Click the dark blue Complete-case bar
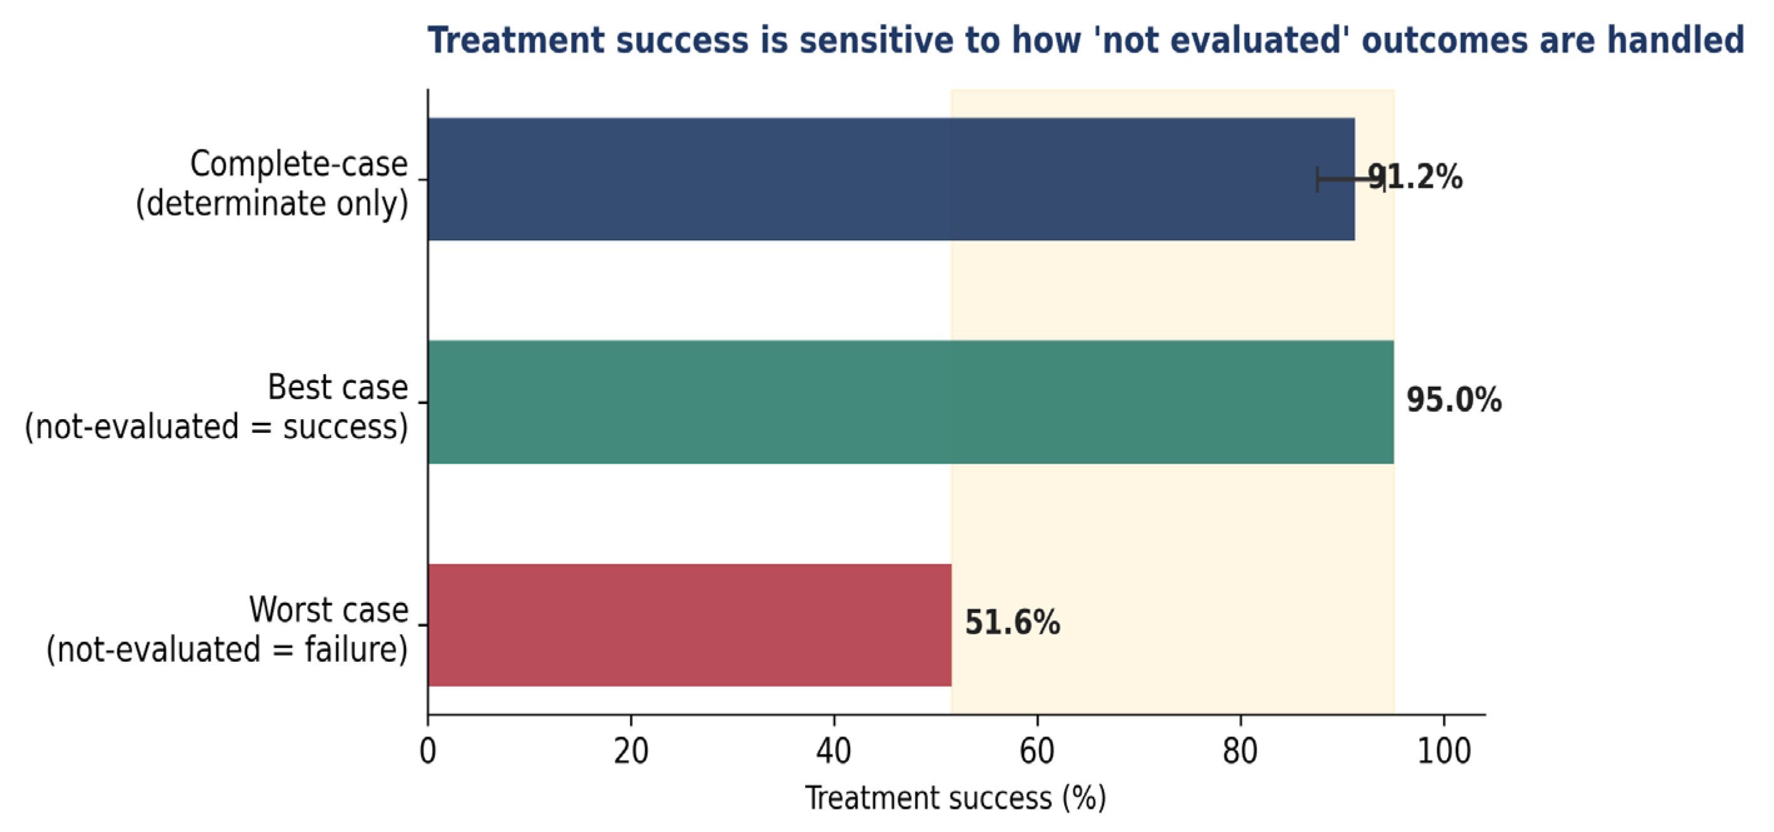pos(891,179)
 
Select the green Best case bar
pos(910,402)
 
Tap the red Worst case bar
pos(689,625)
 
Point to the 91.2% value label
pos(1414,177)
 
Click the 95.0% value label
pos(1454,400)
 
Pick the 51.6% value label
pos(1012,622)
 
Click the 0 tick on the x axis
pos(428,751)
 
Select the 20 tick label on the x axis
pos(631,751)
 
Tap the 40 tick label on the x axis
pos(834,751)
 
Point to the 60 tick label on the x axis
pos(1037,751)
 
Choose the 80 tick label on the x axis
pos(1240,751)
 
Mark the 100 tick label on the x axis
pos(1444,751)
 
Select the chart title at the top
pos(1086,40)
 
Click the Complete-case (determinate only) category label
pos(272,183)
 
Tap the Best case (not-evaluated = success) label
pos(216,407)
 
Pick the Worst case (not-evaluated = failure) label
pos(227,629)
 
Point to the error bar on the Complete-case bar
pos(1351,179)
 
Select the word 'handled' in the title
pos(1676,40)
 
